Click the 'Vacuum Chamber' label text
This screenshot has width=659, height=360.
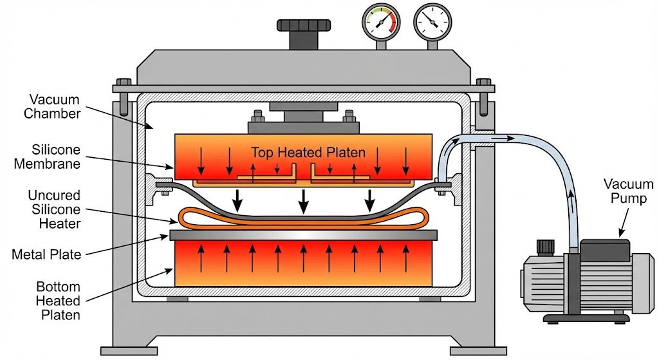pyautogui.click(x=55, y=107)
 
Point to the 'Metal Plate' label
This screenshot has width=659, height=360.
pyautogui.click(x=46, y=254)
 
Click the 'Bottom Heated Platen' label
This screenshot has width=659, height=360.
pyautogui.click(x=58, y=300)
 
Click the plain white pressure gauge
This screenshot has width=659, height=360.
pyautogui.click(x=431, y=23)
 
